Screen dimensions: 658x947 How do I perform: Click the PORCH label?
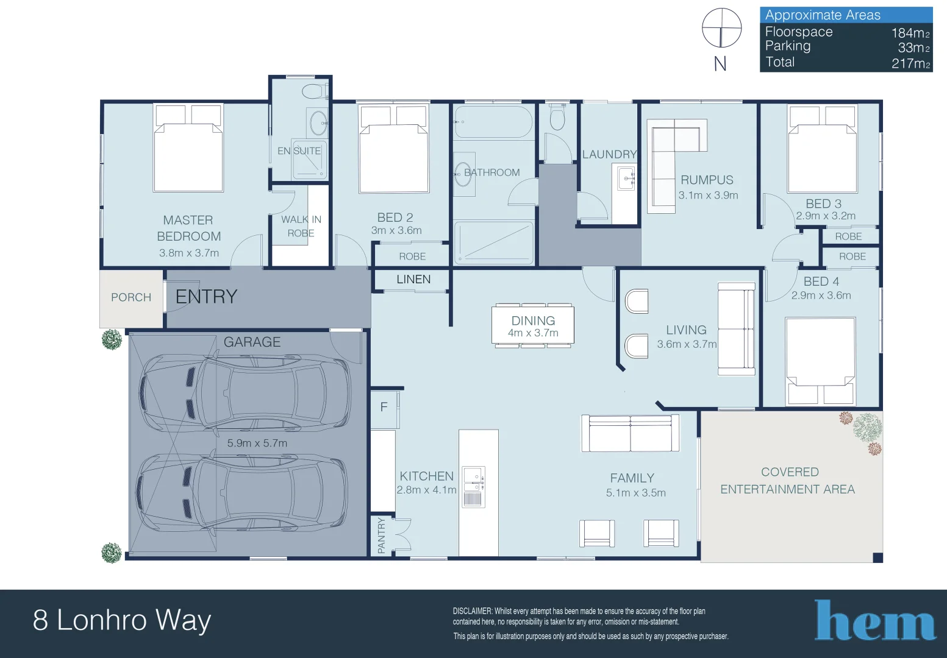(131, 297)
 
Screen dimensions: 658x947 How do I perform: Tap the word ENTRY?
(206, 297)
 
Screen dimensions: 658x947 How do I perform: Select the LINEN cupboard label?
(413, 280)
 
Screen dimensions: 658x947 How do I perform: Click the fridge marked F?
(384, 408)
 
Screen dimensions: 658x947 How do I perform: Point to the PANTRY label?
(382, 536)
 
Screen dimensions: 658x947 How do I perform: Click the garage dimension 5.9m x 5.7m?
(257, 444)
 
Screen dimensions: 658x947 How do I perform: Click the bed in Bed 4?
(820, 360)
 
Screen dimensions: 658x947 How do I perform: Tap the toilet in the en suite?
(313, 92)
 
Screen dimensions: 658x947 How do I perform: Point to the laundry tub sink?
(626, 179)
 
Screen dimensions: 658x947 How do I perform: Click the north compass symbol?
(721, 29)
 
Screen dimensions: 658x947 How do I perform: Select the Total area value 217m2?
(910, 63)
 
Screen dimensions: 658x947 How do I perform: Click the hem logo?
(875, 621)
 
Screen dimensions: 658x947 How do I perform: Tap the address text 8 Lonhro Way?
(122, 620)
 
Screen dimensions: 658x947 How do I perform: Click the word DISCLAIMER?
(473, 611)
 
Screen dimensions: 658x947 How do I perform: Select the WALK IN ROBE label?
(301, 226)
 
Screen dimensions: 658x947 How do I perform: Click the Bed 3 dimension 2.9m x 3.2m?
(826, 216)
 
